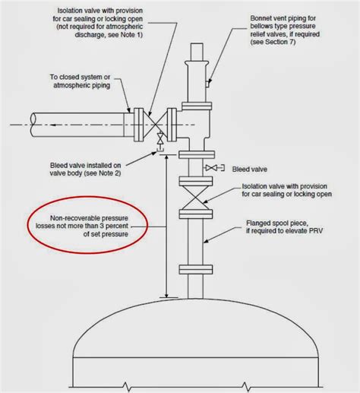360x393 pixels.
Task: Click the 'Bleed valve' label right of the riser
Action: pyautogui.click(x=250, y=170)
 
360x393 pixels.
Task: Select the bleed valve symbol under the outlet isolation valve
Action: pyautogui.click(x=160, y=142)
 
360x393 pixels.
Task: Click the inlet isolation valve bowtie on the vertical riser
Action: pyautogui.click(x=195, y=198)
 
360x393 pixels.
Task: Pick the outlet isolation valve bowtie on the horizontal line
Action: pyautogui.click(x=156, y=125)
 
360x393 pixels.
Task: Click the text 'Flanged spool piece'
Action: pyautogui.click(x=277, y=223)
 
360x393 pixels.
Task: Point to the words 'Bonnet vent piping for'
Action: pyautogui.click(x=283, y=18)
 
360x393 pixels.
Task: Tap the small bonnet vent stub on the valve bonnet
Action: pyautogui.click(x=207, y=84)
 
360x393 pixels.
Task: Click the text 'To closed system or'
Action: pyautogui.click(x=80, y=77)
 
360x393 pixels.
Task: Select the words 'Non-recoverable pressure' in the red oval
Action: pyautogui.click(x=89, y=218)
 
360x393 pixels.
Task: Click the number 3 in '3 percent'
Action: pyautogui.click(x=102, y=226)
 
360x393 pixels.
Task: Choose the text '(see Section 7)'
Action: pyautogui.click(x=273, y=42)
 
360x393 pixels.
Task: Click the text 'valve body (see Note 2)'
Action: pyautogui.click(x=85, y=173)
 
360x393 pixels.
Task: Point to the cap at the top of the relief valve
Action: pyautogui.click(x=197, y=52)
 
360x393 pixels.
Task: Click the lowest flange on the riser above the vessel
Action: pyautogui.click(x=195, y=270)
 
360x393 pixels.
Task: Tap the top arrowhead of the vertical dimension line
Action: pyautogui.click(x=166, y=158)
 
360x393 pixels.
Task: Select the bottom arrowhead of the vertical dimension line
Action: pyautogui.click(x=166, y=295)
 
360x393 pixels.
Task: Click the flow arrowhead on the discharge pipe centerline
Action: pyautogui.click(x=54, y=125)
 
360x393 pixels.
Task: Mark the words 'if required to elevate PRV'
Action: pyautogui.click(x=285, y=231)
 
